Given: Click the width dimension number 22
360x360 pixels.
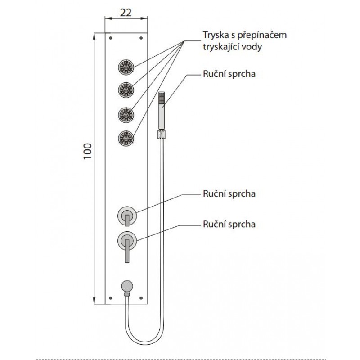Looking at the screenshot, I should [x=126, y=13].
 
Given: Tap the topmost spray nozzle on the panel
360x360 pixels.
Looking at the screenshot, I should [x=126, y=67].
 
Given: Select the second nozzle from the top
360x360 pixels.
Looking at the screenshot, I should [x=126, y=89].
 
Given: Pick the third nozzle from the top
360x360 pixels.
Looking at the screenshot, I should [x=126, y=114].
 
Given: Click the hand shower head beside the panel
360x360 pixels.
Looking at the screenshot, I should [x=162, y=110].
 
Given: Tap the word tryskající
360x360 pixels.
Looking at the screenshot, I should [x=221, y=46].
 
